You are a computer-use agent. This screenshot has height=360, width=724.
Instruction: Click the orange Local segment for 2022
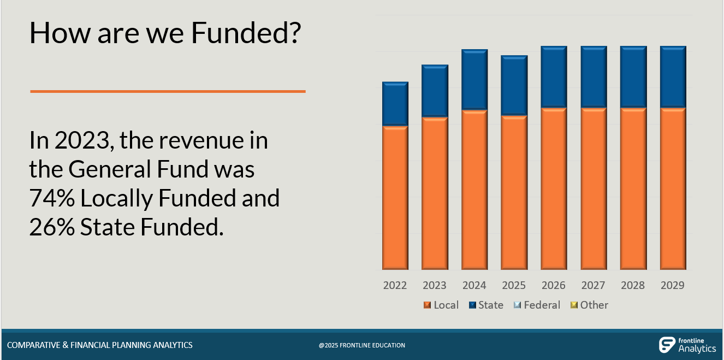pyautogui.click(x=395, y=198)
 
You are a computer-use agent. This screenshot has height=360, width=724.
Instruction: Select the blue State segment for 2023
pyautogui.click(x=435, y=91)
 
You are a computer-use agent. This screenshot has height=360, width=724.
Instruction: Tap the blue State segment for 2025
pyautogui.click(x=514, y=85)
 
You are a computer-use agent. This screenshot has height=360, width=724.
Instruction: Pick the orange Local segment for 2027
pyautogui.click(x=594, y=188)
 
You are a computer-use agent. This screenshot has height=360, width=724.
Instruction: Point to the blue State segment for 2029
pyautogui.click(x=673, y=76)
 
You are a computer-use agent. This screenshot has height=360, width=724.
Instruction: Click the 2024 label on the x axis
pyautogui.click(x=474, y=285)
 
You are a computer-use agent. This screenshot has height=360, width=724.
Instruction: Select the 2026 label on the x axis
pyautogui.click(x=553, y=285)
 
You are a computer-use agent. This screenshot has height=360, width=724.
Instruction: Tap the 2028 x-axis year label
pyautogui.click(x=633, y=285)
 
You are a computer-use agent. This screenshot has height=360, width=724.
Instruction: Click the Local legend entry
pyautogui.click(x=441, y=305)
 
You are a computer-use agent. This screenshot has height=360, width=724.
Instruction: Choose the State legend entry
pyautogui.click(x=485, y=305)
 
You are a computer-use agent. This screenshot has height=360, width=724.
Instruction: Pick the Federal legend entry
pyautogui.click(x=537, y=305)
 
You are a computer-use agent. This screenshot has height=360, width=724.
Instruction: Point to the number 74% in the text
pyautogui.click(x=52, y=198)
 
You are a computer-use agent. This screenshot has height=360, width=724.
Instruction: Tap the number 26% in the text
pyautogui.click(x=52, y=227)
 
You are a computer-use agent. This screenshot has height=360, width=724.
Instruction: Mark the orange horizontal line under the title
pyautogui.click(x=168, y=91)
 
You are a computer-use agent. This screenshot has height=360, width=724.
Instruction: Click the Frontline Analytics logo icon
pyautogui.click(x=667, y=345)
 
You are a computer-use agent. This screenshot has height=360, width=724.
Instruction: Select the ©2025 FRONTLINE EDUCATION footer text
pyautogui.click(x=362, y=345)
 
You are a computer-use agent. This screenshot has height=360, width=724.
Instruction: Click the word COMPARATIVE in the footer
pyautogui.click(x=34, y=345)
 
